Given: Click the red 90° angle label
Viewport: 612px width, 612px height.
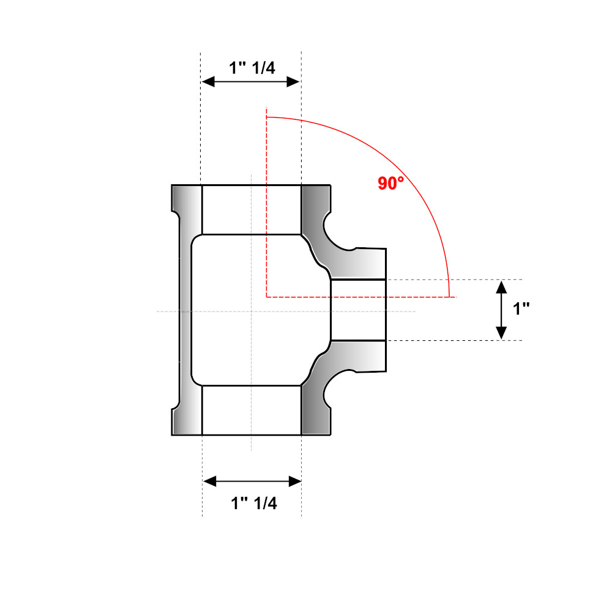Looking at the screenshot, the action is click(x=390, y=183).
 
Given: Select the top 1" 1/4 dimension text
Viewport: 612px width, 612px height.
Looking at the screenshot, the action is click(x=252, y=68).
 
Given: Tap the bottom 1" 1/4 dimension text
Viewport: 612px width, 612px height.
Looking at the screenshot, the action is click(x=254, y=503).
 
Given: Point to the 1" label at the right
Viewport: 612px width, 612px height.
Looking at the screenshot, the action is click(x=521, y=308).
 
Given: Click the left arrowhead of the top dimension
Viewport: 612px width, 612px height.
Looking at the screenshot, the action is click(x=208, y=81).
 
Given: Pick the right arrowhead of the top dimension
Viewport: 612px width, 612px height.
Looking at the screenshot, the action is click(x=293, y=81).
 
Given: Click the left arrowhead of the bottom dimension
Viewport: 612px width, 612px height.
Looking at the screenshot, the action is click(x=210, y=481).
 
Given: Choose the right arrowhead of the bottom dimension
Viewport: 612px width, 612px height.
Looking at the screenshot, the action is click(x=295, y=481).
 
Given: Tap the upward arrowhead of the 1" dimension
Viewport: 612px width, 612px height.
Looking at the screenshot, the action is click(x=501, y=287).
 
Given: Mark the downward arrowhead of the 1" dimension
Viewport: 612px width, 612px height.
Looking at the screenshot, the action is click(x=501, y=332).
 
